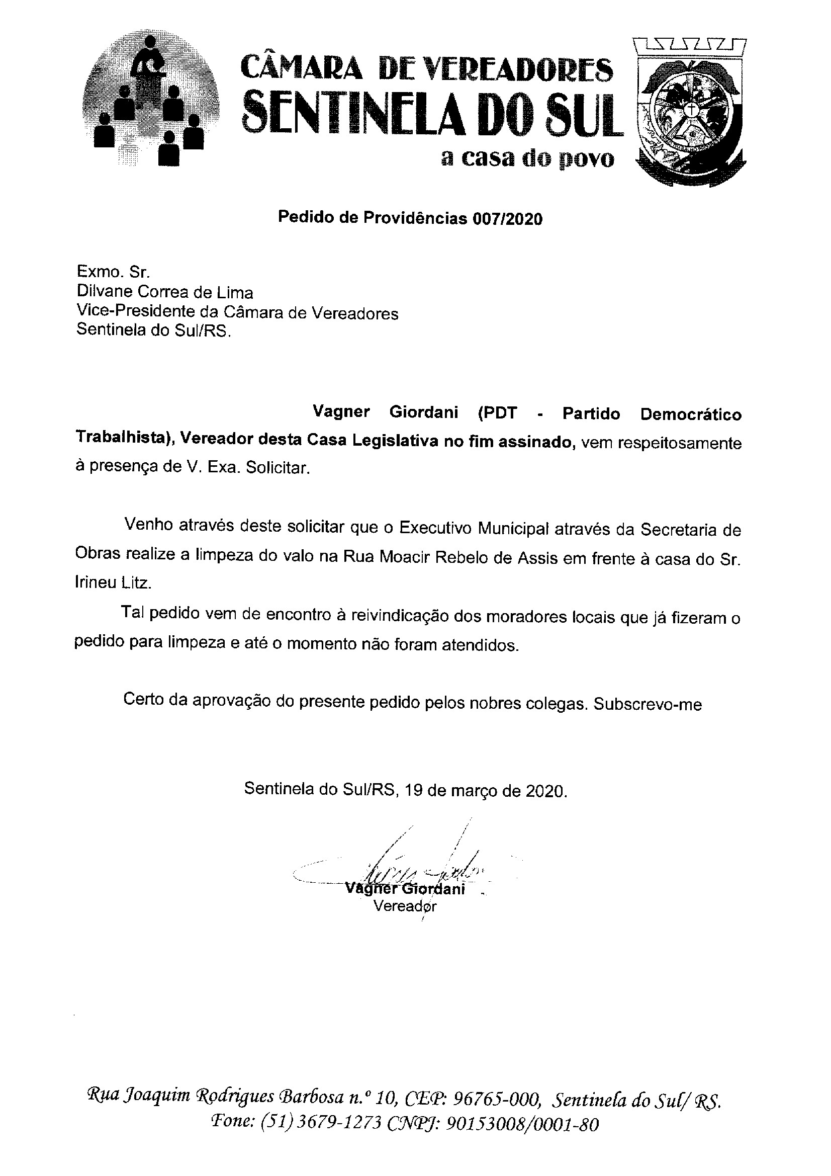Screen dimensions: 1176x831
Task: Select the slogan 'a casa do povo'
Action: pos(527,159)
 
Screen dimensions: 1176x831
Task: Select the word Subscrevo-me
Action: pos(647,704)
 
